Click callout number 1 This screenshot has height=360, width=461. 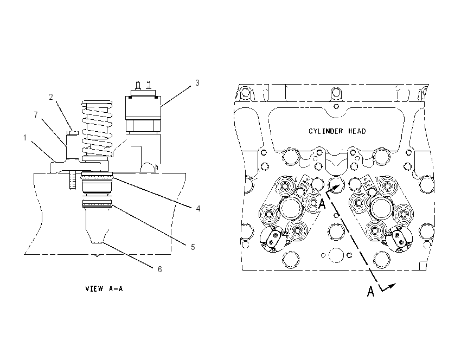(x=25, y=138)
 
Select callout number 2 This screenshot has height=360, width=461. (x=51, y=97)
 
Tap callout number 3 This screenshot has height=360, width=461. (x=197, y=83)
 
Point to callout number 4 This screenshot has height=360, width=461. (x=198, y=208)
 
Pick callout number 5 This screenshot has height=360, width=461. (x=193, y=247)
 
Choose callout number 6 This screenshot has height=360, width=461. (x=159, y=269)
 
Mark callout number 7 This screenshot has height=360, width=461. (x=36, y=114)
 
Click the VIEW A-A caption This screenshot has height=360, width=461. (x=104, y=288)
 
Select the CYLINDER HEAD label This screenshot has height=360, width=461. (x=337, y=131)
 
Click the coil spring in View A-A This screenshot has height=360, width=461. (x=97, y=128)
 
